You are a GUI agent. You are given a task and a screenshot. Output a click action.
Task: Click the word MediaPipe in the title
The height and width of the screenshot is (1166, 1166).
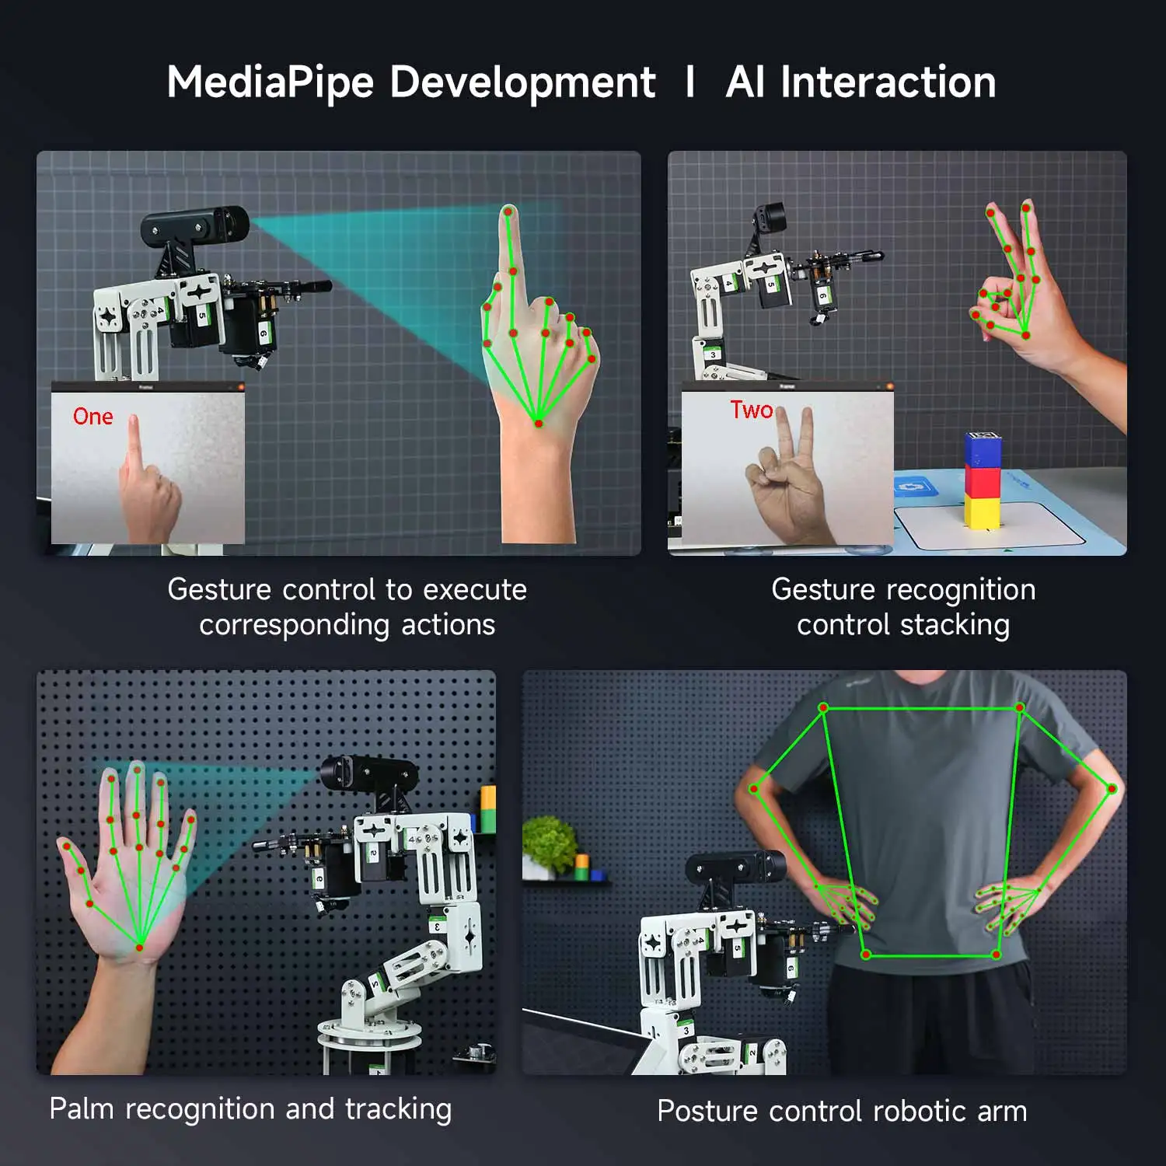click(270, 82)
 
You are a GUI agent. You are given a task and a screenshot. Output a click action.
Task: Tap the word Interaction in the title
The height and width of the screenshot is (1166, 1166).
click(888, 82)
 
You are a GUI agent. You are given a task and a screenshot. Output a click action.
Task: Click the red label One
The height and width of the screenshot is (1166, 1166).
click(93, 417)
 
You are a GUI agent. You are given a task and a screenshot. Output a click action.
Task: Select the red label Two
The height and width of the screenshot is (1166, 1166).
click(751, 410)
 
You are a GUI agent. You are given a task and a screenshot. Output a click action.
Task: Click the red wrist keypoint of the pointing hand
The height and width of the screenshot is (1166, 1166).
click(538, 423)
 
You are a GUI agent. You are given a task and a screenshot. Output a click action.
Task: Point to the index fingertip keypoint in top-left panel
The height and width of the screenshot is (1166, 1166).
click(508, 211)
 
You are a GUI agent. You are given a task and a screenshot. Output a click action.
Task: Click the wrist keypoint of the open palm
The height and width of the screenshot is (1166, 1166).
click(140, 946)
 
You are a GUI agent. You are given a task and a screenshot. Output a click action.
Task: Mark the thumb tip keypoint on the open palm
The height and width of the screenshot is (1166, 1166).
click(67, 846)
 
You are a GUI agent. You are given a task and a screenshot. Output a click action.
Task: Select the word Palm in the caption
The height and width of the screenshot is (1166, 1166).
click(82, 1108)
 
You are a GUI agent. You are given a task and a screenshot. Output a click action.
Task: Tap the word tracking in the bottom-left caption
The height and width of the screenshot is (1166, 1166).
click(398, 1108)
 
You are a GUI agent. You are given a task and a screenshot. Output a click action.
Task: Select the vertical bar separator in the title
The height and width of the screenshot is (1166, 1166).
click(690, 82)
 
